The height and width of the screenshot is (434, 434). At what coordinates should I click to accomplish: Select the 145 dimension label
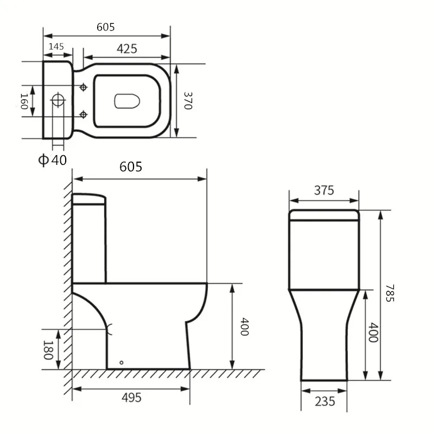pos(56,47)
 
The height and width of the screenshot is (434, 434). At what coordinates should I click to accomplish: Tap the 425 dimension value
pos(126,49)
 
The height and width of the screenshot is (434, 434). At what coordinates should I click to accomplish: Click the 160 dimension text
pos(24,101)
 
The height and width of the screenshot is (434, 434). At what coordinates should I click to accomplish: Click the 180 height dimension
pos(47,349)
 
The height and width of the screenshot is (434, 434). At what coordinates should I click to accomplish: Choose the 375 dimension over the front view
pos(324,190)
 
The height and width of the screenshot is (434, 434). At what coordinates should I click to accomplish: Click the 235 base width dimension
pos(324,401)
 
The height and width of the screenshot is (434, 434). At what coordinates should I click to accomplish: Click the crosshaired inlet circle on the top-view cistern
pos(58,101)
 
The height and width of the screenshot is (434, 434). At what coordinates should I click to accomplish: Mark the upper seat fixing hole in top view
pos(83,87)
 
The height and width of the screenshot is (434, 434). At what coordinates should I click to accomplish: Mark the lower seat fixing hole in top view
pos(83,114)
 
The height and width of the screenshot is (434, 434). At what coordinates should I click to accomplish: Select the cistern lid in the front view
pos(324,215)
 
